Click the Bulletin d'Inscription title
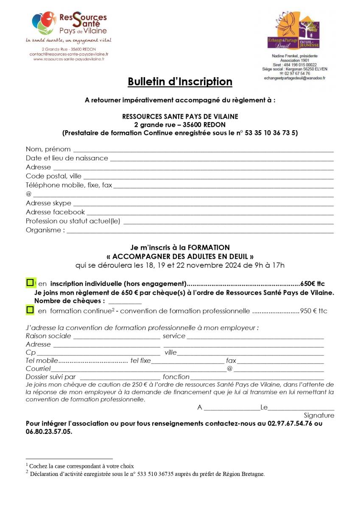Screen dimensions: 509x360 tap(180, 82)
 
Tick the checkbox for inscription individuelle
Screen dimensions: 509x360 tap(30, 282)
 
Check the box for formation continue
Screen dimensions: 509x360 tap(30, 310)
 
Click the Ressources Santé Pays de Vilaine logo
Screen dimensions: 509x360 tap(70, 25)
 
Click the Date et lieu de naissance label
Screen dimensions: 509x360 tap(67, 158)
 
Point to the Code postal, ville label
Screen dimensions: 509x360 tap(53, 176)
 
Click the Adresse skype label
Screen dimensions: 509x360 tap(48, 203)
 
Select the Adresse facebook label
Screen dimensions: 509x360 tap(55, 212)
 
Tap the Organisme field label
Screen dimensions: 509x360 tap(45, 230)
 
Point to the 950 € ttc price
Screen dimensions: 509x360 tap(314, 311)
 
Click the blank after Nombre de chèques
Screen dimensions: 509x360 tap(125, 302)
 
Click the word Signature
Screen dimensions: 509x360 tap(318, 416)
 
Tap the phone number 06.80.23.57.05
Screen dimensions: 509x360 tap(49, 432)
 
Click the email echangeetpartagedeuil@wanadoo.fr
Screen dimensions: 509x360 tap(294, 78)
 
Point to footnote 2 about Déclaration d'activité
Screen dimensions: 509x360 tap(147, 474)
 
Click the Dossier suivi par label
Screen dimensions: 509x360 tap(50, 377)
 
